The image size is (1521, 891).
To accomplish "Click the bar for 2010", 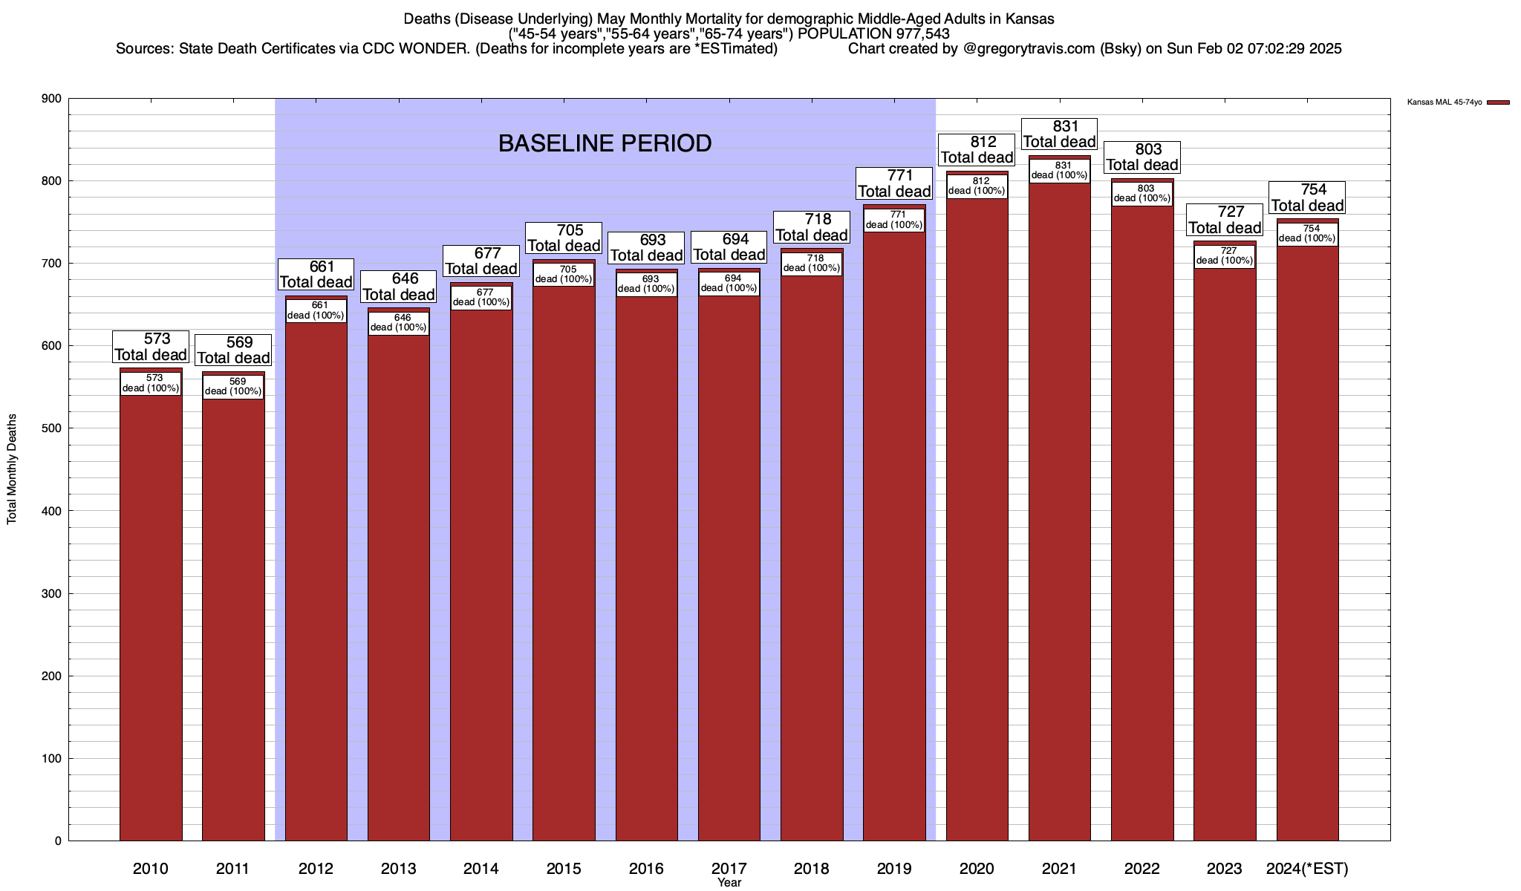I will pos(151,616).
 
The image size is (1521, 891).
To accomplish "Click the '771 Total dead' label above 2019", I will pos(894,183).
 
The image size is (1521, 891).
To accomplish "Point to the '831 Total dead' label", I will pos(1060,134).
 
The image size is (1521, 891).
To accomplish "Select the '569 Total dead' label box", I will pos(233,350).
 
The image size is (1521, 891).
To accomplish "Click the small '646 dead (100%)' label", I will pos(399,323).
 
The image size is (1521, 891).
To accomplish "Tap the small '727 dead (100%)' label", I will pos(1225,256).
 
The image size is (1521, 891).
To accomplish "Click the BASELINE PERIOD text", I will pos(605,143).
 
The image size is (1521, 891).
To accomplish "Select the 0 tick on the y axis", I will pos(57,841).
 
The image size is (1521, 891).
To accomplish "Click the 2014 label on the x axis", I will pos(481,869).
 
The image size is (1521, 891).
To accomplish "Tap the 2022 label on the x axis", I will pos(1142,869).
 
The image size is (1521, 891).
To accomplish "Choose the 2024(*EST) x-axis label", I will pos(1307,869).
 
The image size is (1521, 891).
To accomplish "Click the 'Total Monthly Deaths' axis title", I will pos(12,469).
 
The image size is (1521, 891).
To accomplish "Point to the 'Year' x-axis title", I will pos(729,883).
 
